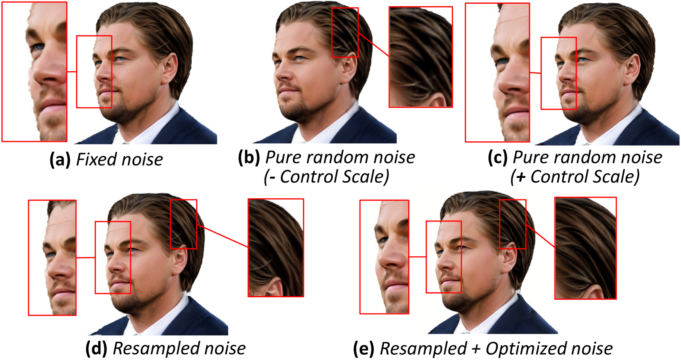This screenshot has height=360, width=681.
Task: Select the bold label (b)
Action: pos(249,158)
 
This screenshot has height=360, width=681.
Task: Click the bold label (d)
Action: pos(96,349)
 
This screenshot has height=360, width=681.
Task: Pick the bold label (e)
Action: pos(363,349)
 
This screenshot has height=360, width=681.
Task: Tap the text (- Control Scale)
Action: pos(326,177)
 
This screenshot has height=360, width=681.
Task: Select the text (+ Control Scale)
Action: pos(575,177)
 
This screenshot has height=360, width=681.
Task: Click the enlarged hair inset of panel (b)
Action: pos(421,57)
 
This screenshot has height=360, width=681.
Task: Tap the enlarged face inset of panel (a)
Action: pos(34,72)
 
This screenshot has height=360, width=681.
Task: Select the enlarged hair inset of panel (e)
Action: pos(585,248)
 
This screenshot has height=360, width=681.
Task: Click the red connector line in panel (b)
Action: pos(373,45)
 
